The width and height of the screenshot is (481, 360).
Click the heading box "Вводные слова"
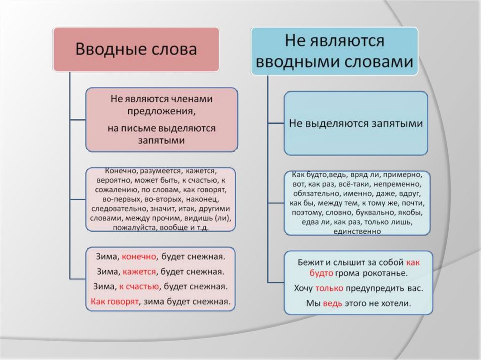click(x=136, y=50)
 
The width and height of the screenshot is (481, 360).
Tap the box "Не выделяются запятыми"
click(x=356, y=123)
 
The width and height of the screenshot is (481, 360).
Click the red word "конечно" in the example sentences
click(x=140, y=257)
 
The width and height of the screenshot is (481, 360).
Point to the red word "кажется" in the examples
click(x=140, y=271)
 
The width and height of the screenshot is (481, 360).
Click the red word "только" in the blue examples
click(x=329, y=288)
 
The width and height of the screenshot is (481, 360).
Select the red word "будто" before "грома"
click(x=322, y=273)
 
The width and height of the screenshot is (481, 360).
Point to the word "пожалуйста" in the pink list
click(x=129, y=228)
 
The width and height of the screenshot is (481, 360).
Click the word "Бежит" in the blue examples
click(x=308, y=262)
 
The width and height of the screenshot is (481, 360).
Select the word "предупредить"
click(x=375, y=288)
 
